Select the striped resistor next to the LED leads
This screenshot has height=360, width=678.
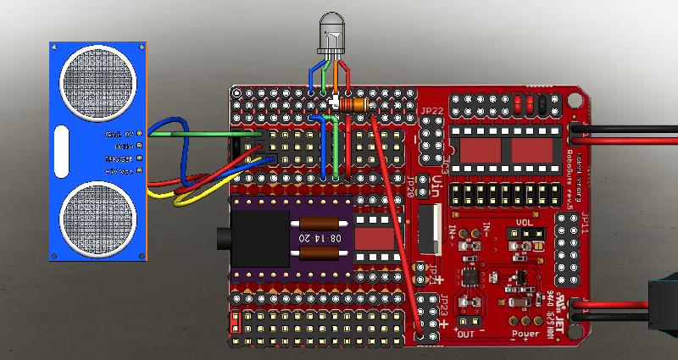click(x=356, y=105)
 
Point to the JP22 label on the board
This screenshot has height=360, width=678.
click(x=431, y=111)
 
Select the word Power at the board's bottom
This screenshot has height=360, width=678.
click(x=525, y=333)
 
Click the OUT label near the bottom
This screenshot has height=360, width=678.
click(x=465, y=334)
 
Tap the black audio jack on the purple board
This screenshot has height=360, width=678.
click(x=254, y=239)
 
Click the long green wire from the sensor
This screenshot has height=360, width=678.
click(x=203, y=133)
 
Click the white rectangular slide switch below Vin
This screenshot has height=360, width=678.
click(x=428, y=229)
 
